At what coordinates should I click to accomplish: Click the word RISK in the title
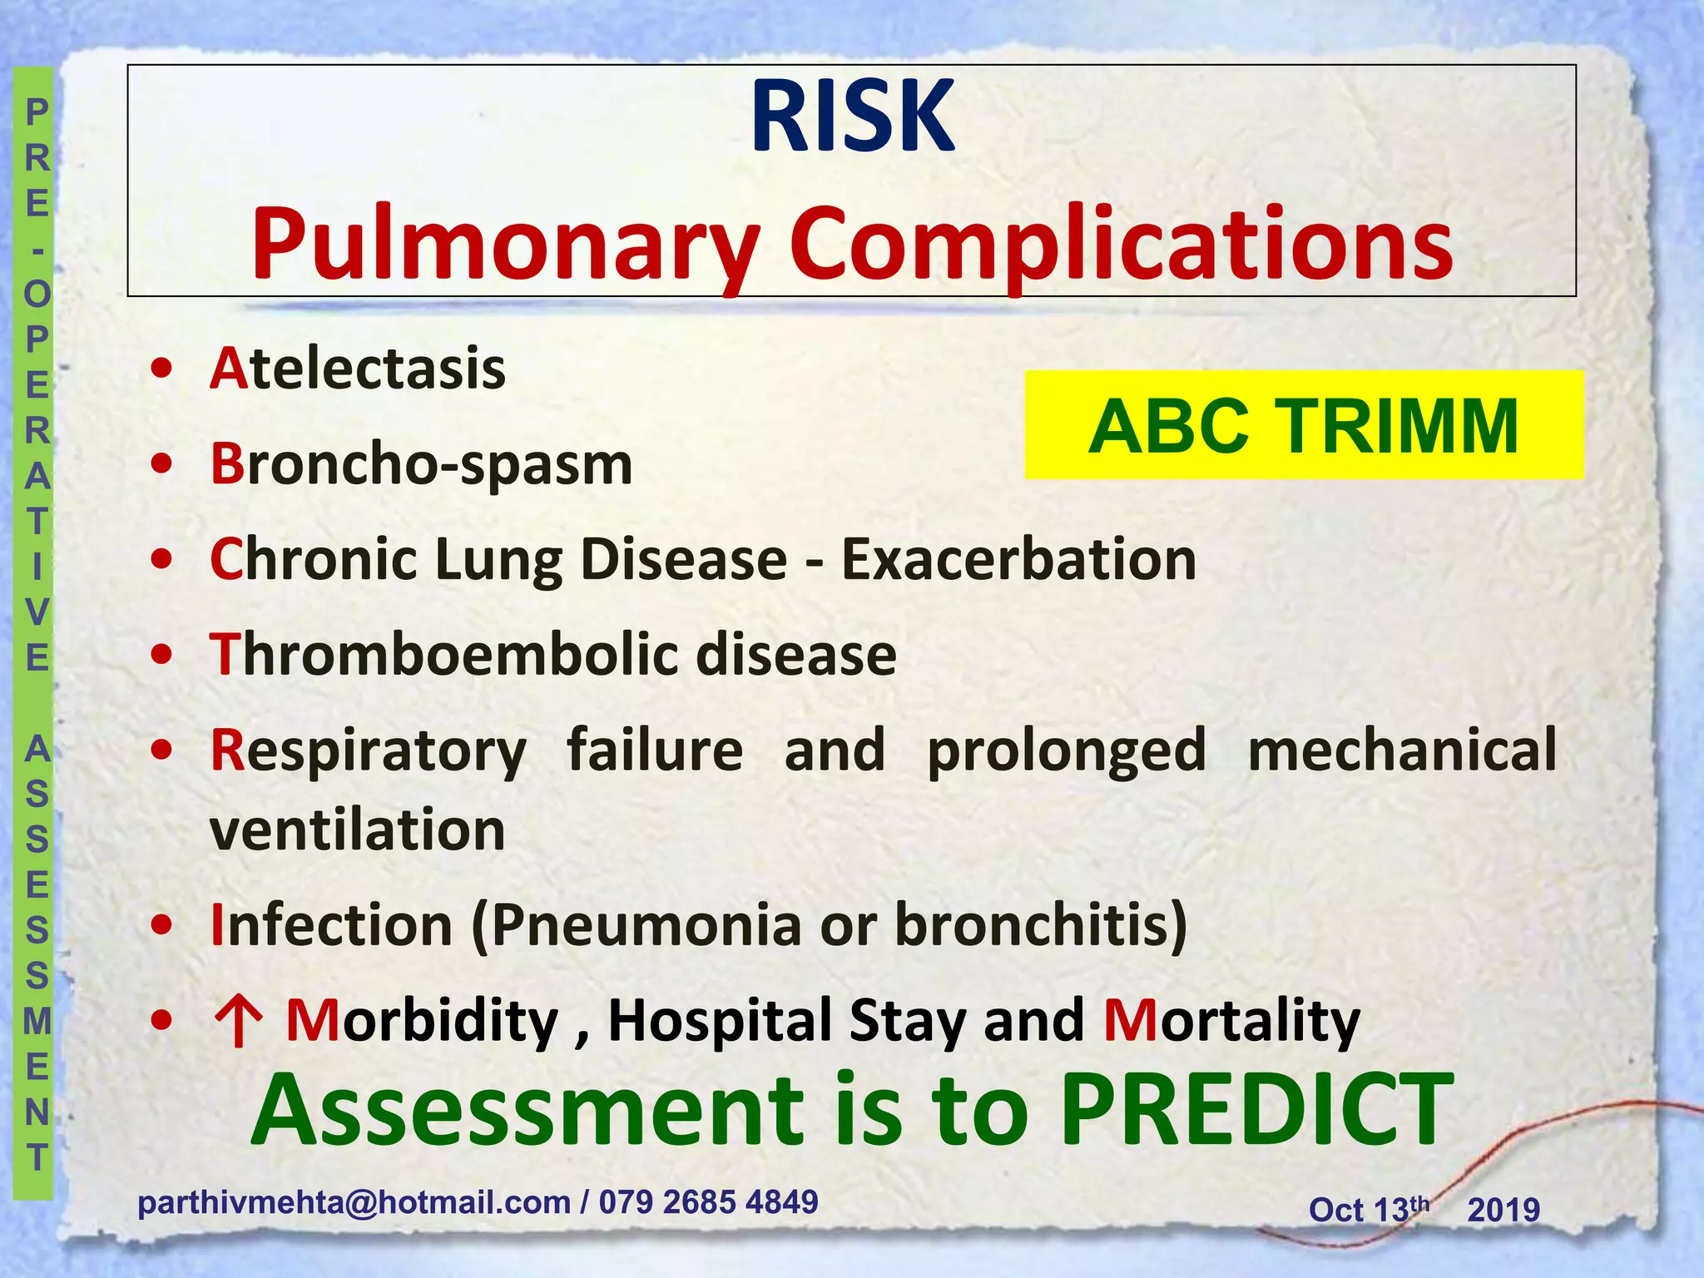click(852, 117)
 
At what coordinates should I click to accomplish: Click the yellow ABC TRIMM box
click(1303, 425)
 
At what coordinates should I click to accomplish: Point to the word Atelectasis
click(358, 369)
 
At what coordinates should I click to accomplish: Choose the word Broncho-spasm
click(421, 464)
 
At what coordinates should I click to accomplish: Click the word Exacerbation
click(1019, 559)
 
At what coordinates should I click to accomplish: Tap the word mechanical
click(1402, 750)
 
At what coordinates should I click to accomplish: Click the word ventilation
click(358, 830)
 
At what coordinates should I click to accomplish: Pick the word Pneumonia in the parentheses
click(646, 925)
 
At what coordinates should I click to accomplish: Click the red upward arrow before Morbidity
click(239, 1021)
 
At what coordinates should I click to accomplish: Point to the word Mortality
click(1231, 1021)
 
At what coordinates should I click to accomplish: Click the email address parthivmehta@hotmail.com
click(354, 1203)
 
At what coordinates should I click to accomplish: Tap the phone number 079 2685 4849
click(709, 1203)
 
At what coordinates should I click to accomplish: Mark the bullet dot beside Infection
click(163, 925)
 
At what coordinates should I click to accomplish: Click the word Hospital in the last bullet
click(721, 1021)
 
